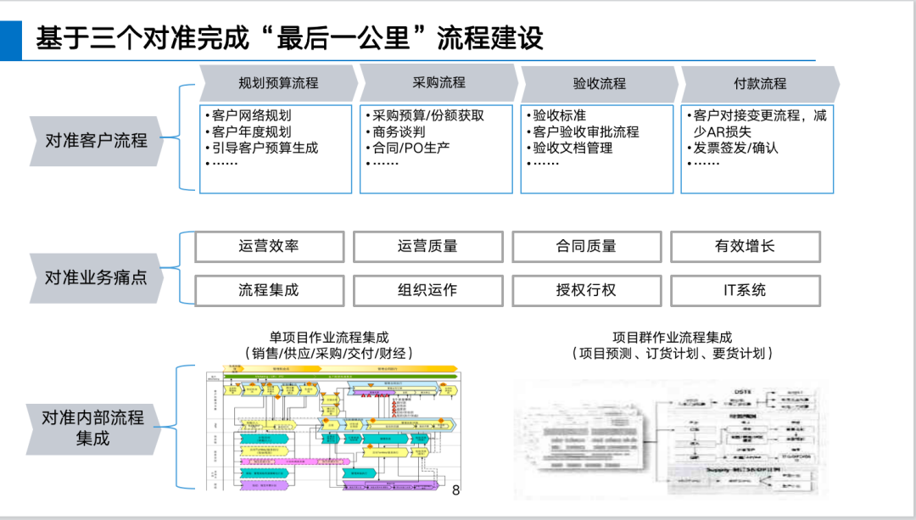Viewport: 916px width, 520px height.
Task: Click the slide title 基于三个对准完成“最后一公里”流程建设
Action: click(x=289, y=38)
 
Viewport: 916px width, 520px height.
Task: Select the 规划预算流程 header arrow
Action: click(x=278, y=83)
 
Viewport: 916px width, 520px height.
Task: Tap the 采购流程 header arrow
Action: click(x=438, y=83)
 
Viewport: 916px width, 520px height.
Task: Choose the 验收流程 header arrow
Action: click(x=599, y=83)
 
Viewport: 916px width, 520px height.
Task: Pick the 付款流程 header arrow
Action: click(x=759, y=83)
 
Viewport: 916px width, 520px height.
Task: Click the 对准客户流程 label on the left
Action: click(x=96, y=140)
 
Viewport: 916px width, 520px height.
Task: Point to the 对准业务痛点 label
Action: click(x=96, y=277)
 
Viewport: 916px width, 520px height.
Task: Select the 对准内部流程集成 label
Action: click(x=92, y=428)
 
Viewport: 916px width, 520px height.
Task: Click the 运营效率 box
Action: click(x=269, y=247)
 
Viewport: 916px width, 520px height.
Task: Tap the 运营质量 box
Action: click(x=427, y=247)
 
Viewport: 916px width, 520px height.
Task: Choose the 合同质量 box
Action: click(x=586, y=247)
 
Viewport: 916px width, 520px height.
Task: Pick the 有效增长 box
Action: click(x=745, y=247)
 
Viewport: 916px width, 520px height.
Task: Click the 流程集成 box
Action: click(x=269, y=290)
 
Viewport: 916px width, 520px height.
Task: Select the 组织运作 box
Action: click(x=427, y=290)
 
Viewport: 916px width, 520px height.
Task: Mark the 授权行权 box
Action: click(x=586, y=290)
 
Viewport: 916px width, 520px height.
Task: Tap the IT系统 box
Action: click(x=745, y=290)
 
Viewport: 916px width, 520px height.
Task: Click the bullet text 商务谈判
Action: click(x=399, y=132)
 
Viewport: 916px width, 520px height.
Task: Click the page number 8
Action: click(x=455, y=490)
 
